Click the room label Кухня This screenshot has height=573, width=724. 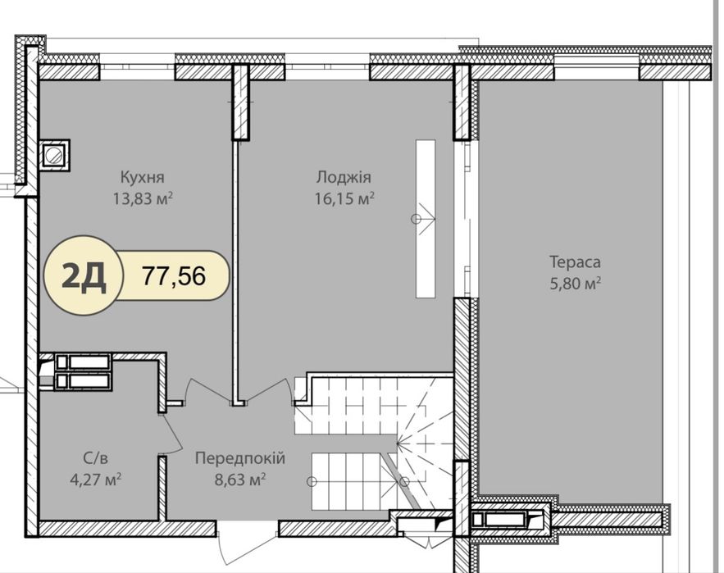(142, 177)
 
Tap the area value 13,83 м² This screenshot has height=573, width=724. (143, 198)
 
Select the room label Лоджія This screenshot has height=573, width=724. (344, 177)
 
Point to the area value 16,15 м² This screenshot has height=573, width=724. (344, 198)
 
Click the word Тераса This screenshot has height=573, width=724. (575, 261)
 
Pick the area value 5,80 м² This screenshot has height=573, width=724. (575, 283)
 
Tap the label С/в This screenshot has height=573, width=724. (96, 458)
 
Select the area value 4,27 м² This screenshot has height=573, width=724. (96, 480)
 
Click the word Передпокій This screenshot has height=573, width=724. (240, 458)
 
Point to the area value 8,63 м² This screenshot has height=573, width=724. (240, 480)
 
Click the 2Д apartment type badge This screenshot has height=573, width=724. (84, 275)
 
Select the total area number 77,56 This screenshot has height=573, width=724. (174, 275)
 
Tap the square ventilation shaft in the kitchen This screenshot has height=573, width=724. (54, 155)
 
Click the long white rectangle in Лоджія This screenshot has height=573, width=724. (426, 219)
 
